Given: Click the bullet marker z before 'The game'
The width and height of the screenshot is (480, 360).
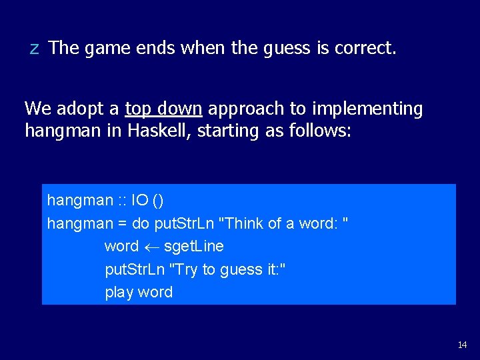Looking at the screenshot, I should pyautogui.click(x=34, y=49).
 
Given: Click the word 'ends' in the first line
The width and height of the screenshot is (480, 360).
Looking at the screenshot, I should pyautogui.click(x=159, y=48).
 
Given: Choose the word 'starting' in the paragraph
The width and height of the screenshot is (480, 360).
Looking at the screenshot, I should pyautogui.click(x=226, y=131).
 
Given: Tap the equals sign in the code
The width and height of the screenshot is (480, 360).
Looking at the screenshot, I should pyautogui.click(x=123, y=223).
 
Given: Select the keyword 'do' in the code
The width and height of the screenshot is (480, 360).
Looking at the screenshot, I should pyautogui.click(x=143, y=223).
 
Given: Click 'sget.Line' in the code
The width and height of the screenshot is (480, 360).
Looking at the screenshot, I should pyautogui.click(x=193, y=247).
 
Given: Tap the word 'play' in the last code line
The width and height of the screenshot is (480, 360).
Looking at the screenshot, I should pyautogui.click(x=119, y=293).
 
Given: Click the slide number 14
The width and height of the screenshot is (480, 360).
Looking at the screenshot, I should pyautogui.click(x=462, y=345).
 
